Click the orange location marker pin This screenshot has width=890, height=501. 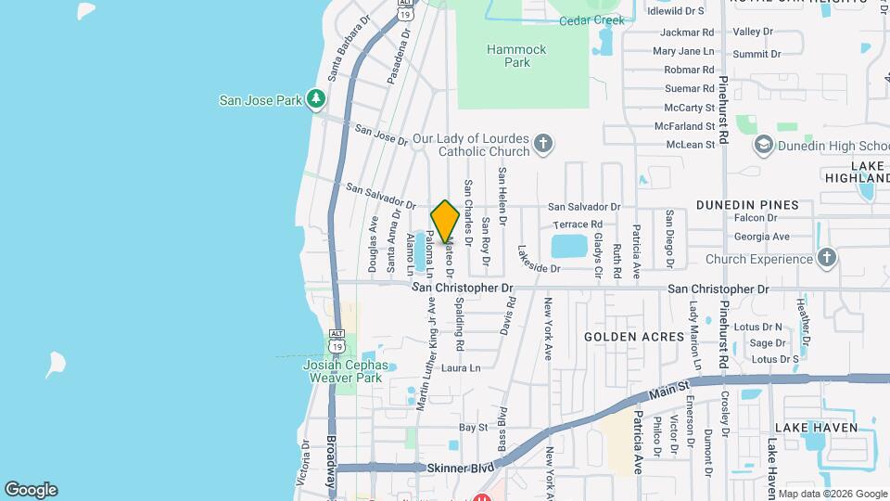tap(445, 221)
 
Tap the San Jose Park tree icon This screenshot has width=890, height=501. tap(316, 98)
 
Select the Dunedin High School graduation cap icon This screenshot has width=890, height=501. tap(763, 144)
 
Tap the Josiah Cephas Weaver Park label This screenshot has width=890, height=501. tap(343, 371)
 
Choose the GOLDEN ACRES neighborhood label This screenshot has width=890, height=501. tap(621, 336)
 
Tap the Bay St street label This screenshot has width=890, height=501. tap(474, 428)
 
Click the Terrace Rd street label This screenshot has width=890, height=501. tap(578, 225)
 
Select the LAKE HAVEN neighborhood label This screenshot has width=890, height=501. tap(816, 427)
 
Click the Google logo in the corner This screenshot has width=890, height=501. tap(31, 489)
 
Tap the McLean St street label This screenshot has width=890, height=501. tap(691, 144)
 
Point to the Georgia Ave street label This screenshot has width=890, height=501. tap(761, 237)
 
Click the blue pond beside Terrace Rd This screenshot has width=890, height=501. tap(568, 246)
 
